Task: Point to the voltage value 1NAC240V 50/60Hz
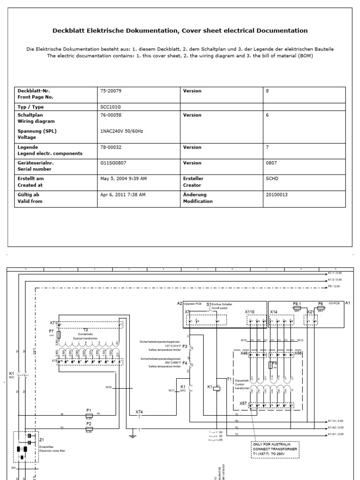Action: [x=122, y=131]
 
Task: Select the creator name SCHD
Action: [x=272, y=179]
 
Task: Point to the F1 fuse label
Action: [x=89, y=409]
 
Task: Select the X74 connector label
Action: [x=139, y=412]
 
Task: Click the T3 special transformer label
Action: [x=85, y=330]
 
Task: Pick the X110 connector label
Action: [x=249, y=311]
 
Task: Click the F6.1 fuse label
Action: [x=296, y=304]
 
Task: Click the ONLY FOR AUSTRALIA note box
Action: [x=275, y=448]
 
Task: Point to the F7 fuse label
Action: [x=52, y=331]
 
